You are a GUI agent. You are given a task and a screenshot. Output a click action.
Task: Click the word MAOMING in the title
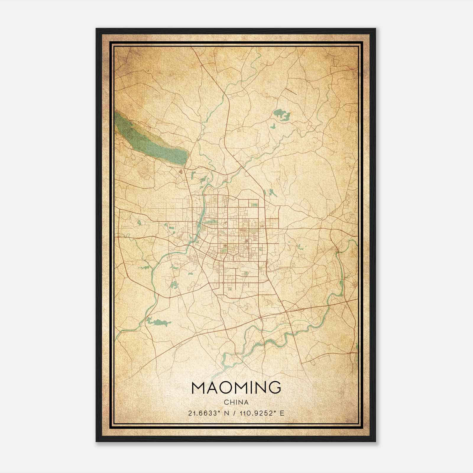coord(236,388)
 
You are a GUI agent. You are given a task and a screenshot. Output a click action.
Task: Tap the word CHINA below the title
coord(236,402)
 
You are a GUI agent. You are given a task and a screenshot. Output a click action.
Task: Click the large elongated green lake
coord(151,139)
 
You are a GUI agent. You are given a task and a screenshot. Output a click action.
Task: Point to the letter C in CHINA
coord(226,402)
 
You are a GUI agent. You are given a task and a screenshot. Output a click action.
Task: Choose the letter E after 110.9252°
coord(282,413)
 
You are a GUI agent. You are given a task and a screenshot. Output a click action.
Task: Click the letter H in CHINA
coord(231,402)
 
